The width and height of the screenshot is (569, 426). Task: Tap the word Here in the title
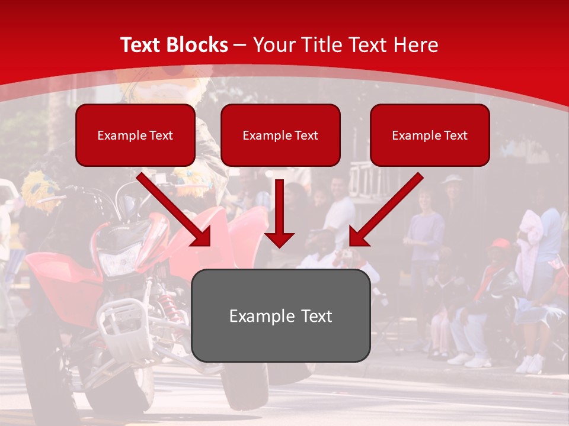(416, 45)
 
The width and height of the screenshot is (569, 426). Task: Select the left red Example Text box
(135, 135)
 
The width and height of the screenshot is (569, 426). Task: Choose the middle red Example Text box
(280, 135)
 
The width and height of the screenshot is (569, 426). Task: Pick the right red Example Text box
(430, 135)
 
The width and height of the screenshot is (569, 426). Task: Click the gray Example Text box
(280, 316)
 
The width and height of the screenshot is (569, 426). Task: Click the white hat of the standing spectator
(453, 179)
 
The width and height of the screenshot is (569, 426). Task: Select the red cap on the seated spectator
(500, 244)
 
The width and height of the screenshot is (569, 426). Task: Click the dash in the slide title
(240, 45)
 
